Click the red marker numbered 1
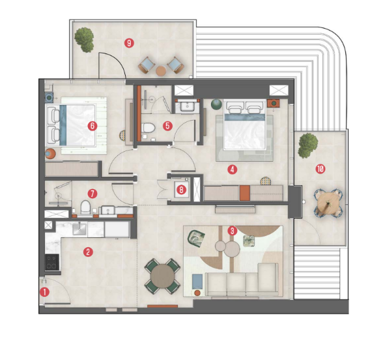(x=44, y=292)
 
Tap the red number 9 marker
(x=129, y=43)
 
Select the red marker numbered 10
(x=320, y=169)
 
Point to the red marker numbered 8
(x=181, y=190)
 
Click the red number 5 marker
(x=167, y=126)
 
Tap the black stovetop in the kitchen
(x=52, y=262)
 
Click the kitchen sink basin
(x=79, y=229)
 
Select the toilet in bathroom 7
(x=85, y=207)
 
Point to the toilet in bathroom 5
(x=149, y=128)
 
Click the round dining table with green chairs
(x=163, y=276)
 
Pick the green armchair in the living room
(x=196, y=237)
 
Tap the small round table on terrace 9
(x=161, y=71)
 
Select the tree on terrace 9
(x=84, y=40)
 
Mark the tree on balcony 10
(x=307, y=145)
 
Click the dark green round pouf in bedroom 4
(x=216, y=104)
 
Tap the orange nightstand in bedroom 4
(x=274, y=104)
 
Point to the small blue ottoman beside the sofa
(x=197, y=282)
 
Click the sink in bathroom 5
(x=188, y=106)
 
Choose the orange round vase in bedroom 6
(x=50, y=154)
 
